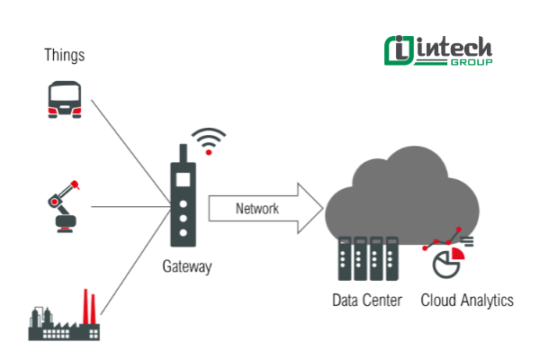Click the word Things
[65, 56]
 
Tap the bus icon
[65, 98]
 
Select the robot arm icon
[65, 206]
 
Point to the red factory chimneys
[89, 305]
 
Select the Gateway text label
[188, 266]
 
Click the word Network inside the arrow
[256, 209]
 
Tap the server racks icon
[366, 260]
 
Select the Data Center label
[367, 300]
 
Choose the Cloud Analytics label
[467, 300]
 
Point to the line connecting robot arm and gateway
[130, 206]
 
